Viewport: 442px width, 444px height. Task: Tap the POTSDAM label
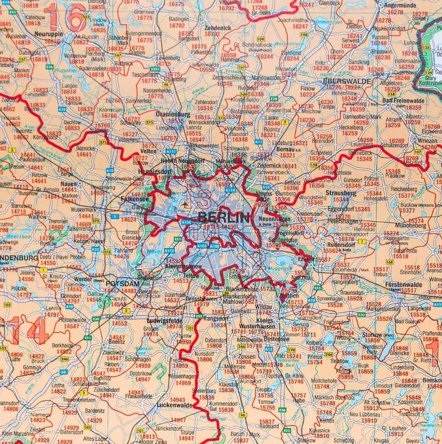tap(123, 283)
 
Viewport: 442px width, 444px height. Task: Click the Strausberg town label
tap(342, 193)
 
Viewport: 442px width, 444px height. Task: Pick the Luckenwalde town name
tap(172, 404)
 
